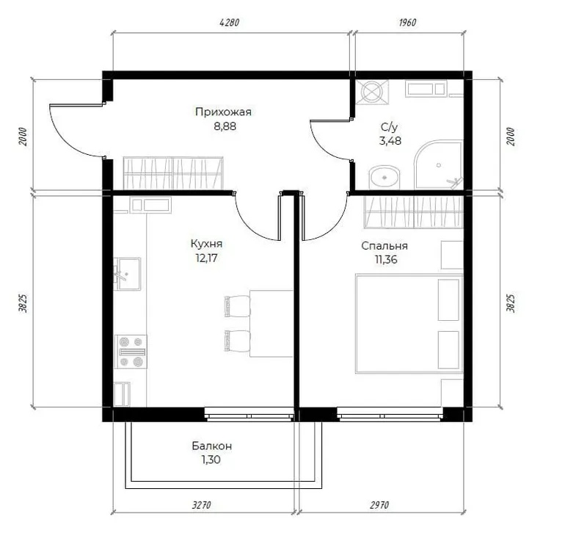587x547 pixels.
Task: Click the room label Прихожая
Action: click(223, 112)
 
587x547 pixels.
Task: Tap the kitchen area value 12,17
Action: click(206, 258)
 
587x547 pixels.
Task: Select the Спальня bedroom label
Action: click(384, 246)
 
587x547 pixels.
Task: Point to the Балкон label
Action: click(212, 446)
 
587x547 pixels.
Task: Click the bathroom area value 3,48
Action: click(390, 141)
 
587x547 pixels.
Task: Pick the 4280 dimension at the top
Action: click(229, 23)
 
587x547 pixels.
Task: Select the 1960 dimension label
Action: click(407, 23)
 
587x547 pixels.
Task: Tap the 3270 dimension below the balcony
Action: click(201, 505)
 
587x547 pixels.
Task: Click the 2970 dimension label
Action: click(379, 505)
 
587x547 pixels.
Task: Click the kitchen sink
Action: click(127, 274)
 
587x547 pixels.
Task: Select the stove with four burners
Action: click(131, 352)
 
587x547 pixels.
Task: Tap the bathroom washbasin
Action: click(384, 177)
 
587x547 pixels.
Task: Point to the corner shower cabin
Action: click(438, 164)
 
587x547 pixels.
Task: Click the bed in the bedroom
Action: click(409, 324)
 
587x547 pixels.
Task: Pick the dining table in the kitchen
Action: click(271, 323)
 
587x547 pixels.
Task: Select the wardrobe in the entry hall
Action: click(173, 173)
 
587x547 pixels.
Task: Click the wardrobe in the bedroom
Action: click(414, 212)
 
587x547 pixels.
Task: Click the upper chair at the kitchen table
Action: click(237, 306)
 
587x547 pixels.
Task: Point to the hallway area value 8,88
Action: click(225, 126)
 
